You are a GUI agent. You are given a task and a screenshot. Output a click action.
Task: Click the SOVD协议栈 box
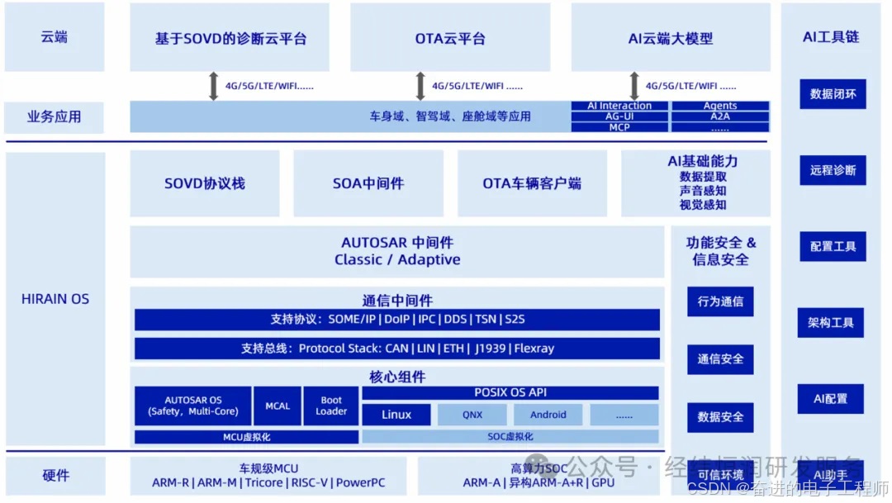tap(204, 183)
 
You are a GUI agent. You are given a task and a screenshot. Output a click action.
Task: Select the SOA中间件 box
tap(368, 183)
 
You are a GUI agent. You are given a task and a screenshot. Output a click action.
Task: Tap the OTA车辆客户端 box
tap(531, 183)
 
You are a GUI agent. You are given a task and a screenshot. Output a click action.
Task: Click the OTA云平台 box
tap(450, 38)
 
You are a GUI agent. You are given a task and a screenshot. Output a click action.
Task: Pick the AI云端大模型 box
tap(670, 38)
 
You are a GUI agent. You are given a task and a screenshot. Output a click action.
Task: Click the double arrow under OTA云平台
tap(420, 86)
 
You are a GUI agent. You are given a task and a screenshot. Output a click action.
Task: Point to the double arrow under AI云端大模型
tap(634, 86)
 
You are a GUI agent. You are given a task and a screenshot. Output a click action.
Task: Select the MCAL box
tap(278, 406)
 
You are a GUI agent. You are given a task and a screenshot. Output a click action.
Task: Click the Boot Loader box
tap(331, 406)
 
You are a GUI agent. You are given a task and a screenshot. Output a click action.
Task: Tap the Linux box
tap(396, 415)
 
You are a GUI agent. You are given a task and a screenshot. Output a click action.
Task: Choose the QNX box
tap(472, 415)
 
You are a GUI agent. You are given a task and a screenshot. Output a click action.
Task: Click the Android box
tap(548, 415)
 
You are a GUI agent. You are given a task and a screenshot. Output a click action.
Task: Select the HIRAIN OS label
tap(55, 299)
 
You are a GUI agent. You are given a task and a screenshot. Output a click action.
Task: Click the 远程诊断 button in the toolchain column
tap(833, 170)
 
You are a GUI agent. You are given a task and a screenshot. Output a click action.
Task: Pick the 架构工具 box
tap(831, 323)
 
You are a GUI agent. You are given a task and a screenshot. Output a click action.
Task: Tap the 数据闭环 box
tap(833, 94)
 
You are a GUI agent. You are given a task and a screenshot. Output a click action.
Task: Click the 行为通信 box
tap(720, 301)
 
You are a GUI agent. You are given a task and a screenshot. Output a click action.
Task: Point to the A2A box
tap(720, 116)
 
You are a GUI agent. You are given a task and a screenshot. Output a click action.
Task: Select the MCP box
tap(619, 127)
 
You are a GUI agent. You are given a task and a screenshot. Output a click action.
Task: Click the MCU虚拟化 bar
tap(246, 437)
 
